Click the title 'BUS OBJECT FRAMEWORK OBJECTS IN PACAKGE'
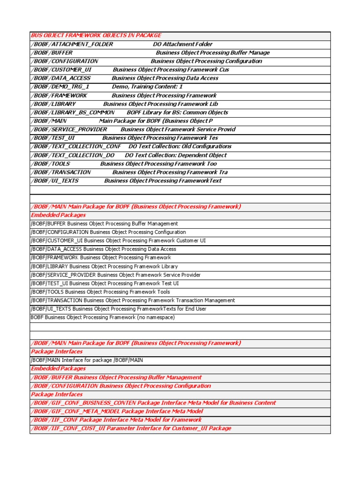tap(96, 36)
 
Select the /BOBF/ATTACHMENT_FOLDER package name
tap(72, 44)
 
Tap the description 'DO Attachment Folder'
tap(183, 44)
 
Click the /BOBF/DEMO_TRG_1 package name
tap(60, 87)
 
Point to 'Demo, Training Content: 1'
tap(147, 87)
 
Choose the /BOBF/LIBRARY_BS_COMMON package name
tap(73, 112)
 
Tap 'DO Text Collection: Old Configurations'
tap(180, 146)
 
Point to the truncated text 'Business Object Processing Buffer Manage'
tap(213, 53)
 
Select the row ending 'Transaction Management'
tap(133, 300)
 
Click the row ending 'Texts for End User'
tap(118, 309)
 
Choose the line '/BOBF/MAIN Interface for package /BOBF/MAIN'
tap(87, 360)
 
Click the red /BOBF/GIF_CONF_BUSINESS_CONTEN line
tap(153, 403)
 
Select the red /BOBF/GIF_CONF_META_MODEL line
tap(117, 411)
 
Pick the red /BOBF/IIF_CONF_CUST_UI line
tap(131, 428)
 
